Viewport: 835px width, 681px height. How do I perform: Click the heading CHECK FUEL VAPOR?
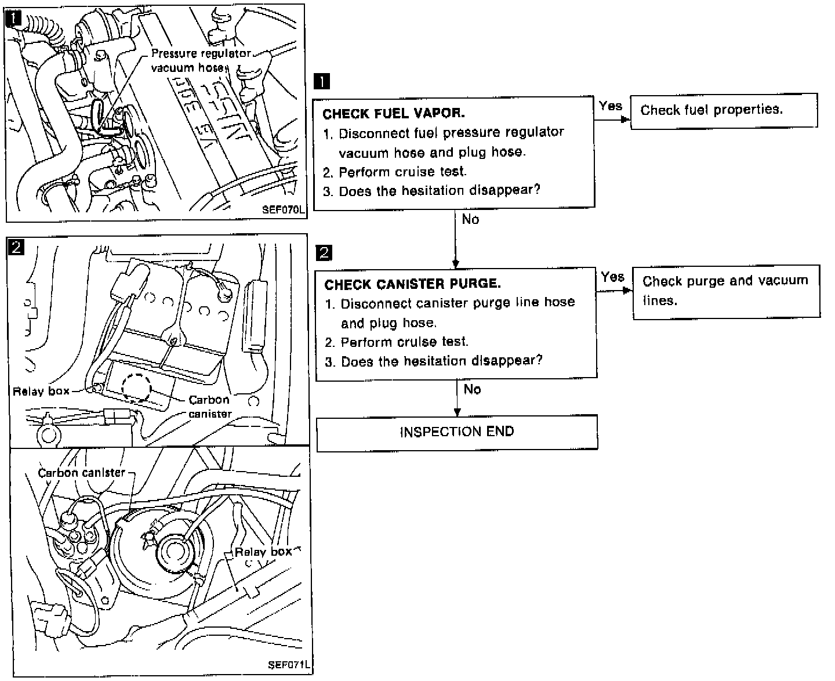click(x=393, y=114)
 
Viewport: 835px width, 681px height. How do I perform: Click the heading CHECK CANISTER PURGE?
click(x=412, y=284)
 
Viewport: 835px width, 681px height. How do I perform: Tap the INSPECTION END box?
click(x=456, y=432)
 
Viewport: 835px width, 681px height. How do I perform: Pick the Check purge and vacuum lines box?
click(x=725, y=291)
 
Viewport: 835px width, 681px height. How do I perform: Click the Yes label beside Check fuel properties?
click(x=611, y=106)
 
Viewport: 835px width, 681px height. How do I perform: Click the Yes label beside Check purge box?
click(x=612, y=277)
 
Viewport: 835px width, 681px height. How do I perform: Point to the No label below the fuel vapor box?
click(x=470, y=220)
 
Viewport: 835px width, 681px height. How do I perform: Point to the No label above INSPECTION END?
click(x=472, y=389)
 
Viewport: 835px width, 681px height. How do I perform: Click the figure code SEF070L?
click(x=282, y=211)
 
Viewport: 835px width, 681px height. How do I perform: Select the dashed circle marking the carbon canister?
click(x=136, y=387)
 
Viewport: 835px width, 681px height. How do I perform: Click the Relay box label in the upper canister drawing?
click(x=41, y=392)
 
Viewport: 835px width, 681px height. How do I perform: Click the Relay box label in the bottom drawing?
click(x=263, y=552)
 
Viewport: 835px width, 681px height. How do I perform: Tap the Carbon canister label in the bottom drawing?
click(x=81, y=473)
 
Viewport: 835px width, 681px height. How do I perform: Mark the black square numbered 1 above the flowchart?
click(x=321, y=81)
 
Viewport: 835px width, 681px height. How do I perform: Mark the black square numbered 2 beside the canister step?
click(x=324, y=252)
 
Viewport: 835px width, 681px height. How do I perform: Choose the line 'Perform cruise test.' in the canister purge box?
click(x=404, y=342)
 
